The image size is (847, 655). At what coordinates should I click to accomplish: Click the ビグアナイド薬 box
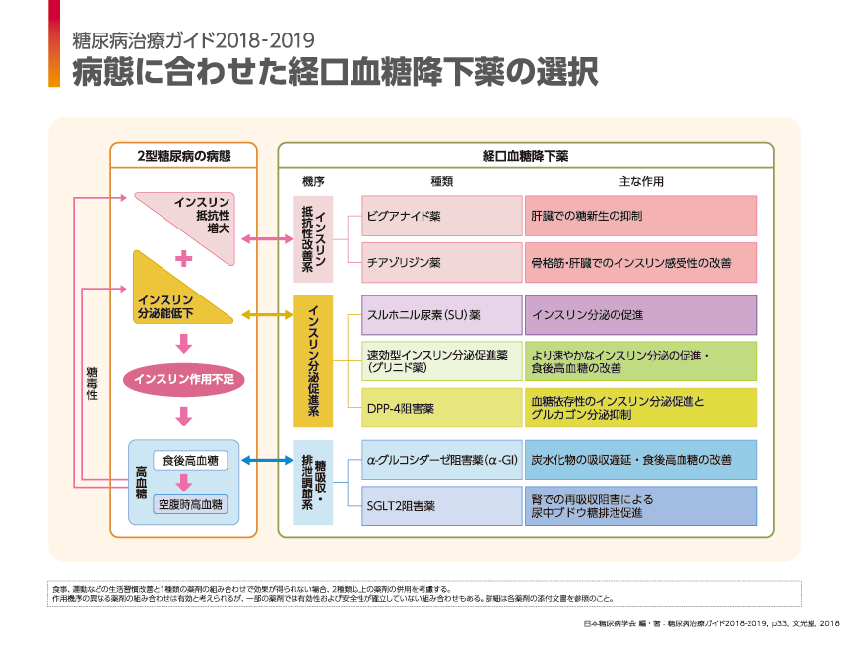(440, 216)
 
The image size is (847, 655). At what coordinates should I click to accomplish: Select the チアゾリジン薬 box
(440, 263)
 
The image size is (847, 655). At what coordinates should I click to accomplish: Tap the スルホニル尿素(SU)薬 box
(440, 315)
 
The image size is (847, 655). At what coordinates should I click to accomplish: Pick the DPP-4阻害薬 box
(440, 408)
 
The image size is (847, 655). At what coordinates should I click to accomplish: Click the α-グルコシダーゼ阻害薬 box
(440, 460)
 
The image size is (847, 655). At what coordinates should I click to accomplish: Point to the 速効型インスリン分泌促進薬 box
(440, 361)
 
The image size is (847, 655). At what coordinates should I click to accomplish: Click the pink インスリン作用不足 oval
(182, 378)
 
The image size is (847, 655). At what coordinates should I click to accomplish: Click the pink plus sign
(183, 258)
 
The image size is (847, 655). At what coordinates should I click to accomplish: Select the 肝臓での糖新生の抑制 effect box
(640, 216)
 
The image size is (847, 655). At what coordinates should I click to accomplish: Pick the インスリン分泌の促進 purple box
(640, 315)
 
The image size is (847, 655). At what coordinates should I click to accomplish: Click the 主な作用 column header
(641, 181)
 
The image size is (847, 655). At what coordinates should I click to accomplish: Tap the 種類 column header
(441, 181)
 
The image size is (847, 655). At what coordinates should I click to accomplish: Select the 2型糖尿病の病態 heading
(184, 156)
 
